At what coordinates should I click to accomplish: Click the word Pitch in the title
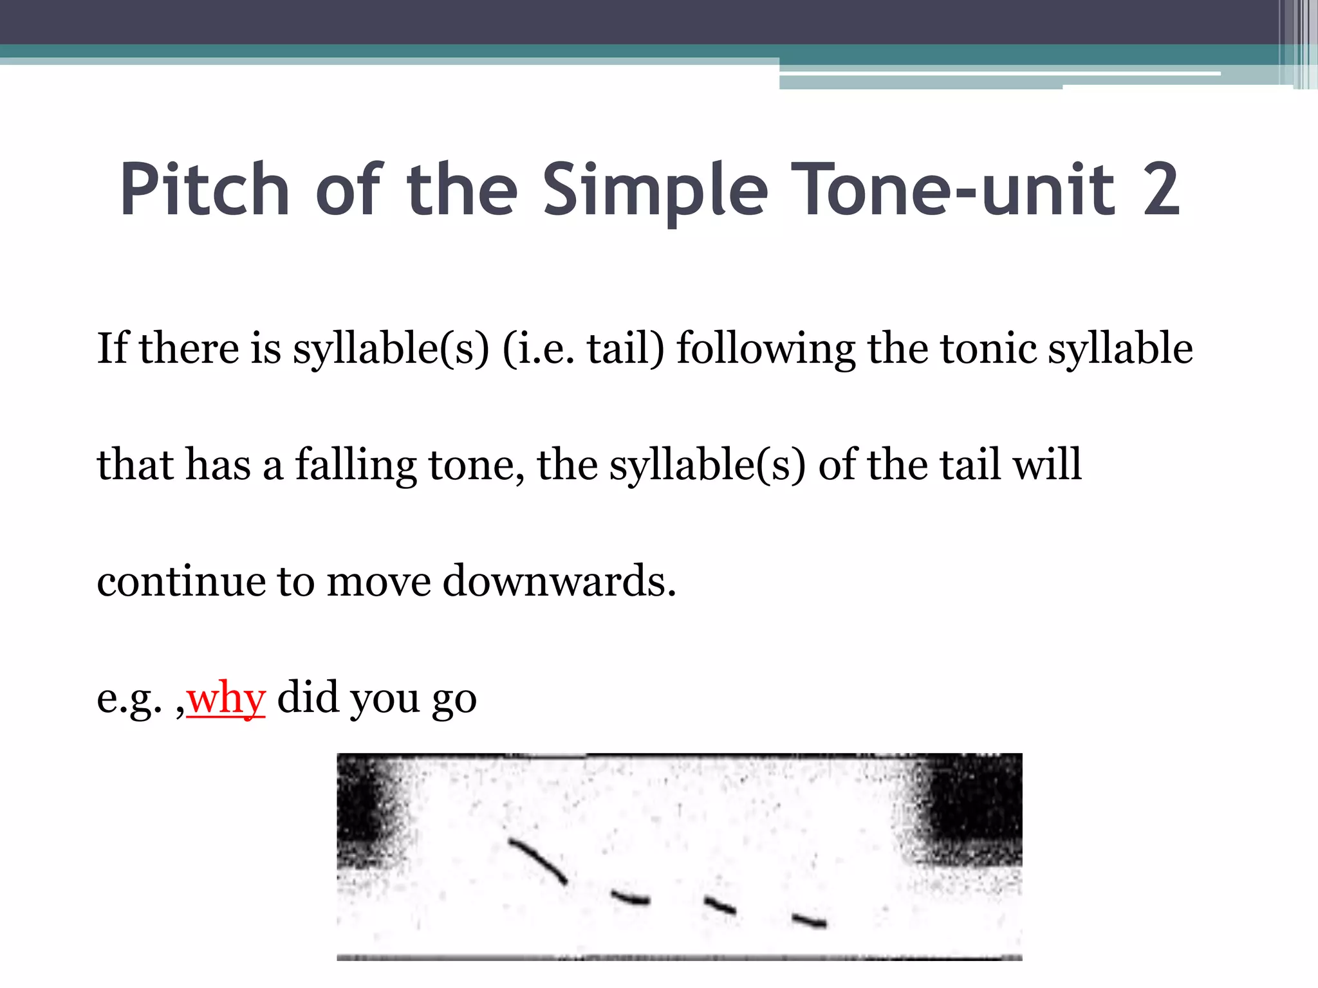[205, 190]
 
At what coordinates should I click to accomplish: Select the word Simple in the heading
[655, 190]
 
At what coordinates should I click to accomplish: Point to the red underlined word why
[226, 699]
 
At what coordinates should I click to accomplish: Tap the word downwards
[559, 581]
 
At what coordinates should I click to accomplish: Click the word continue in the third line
[181, 581]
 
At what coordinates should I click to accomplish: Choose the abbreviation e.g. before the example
[129, 699]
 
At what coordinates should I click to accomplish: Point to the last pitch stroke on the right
[810, 921]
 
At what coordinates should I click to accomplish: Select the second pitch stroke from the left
[631, 898]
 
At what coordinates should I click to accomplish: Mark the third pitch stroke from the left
[720, 906]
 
